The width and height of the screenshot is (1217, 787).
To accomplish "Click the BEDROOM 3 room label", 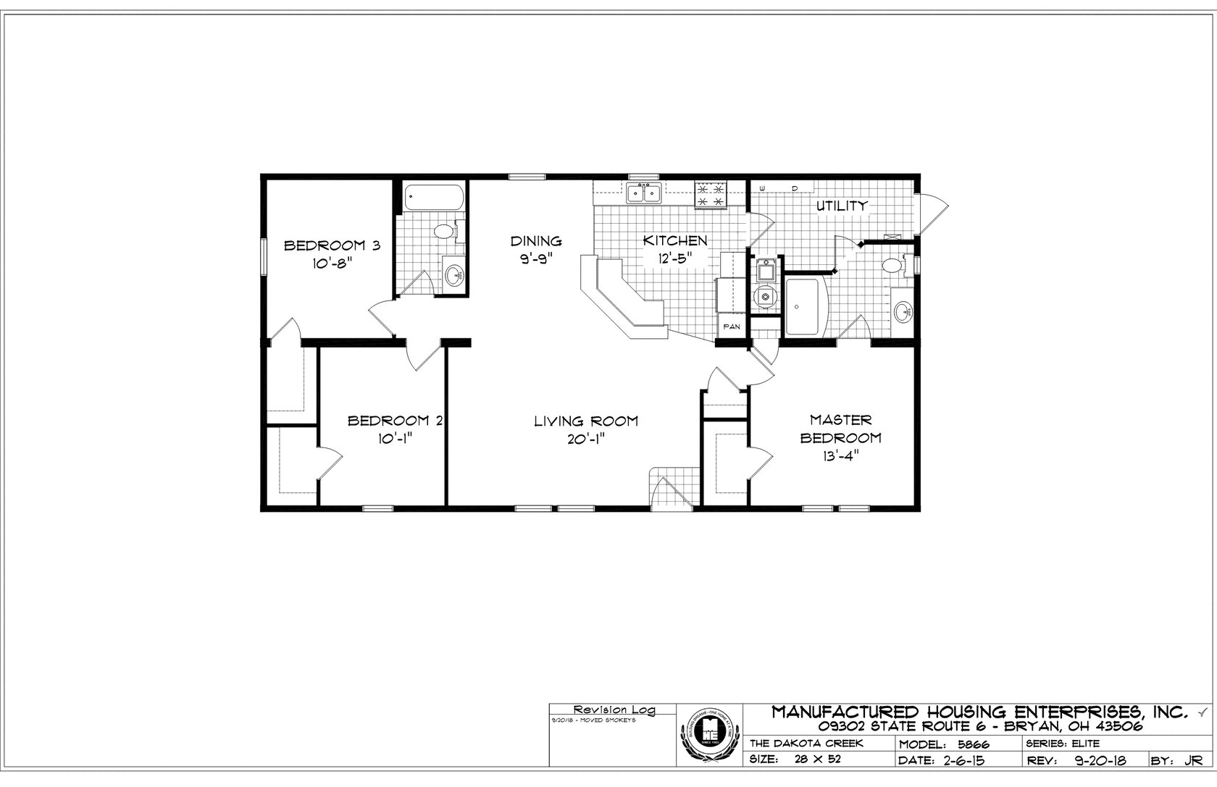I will pos(332,245).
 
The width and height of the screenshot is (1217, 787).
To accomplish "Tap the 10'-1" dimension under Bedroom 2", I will pos(395,439).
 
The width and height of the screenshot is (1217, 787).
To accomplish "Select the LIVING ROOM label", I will pos(586,421).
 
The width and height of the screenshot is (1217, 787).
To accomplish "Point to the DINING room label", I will pos(536,241).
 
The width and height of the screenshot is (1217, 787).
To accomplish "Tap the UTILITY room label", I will pos(842,206).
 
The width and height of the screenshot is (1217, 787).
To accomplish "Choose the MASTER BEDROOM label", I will pos(841,429).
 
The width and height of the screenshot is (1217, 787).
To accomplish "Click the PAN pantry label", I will pos(732,327).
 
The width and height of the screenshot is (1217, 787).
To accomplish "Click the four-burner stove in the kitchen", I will pos(710,193).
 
